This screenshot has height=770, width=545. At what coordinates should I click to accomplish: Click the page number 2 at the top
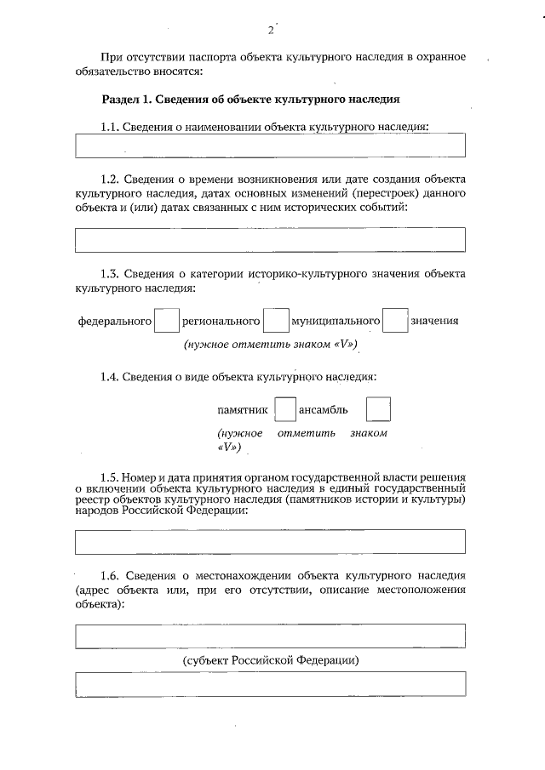tap(271, 31)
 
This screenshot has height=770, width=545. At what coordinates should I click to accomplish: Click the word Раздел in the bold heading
tap(121, 99)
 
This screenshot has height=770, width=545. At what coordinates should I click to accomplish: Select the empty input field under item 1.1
tap(271, 145)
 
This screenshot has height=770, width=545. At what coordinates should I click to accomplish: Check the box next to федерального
tap(167, 321)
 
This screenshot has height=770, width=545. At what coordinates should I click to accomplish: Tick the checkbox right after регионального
tap(275, 321)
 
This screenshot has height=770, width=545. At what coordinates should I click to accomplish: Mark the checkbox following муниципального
tap(395, 321)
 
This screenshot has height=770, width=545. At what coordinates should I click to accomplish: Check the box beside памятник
tap(285, 410)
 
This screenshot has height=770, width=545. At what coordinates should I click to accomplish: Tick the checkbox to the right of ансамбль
tap(378, 410)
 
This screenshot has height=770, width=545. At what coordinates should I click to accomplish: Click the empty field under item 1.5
tap(271, 541)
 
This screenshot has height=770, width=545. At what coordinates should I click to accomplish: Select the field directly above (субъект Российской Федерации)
tap(271, 636)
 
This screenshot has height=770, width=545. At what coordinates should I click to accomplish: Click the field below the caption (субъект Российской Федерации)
tap(271, 684)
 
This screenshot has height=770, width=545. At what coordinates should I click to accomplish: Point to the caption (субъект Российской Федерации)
tap(271, 660)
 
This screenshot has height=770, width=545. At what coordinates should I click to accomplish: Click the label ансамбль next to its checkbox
tap(324, 410)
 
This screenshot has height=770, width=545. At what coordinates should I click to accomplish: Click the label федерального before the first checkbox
tap(115, 321)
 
